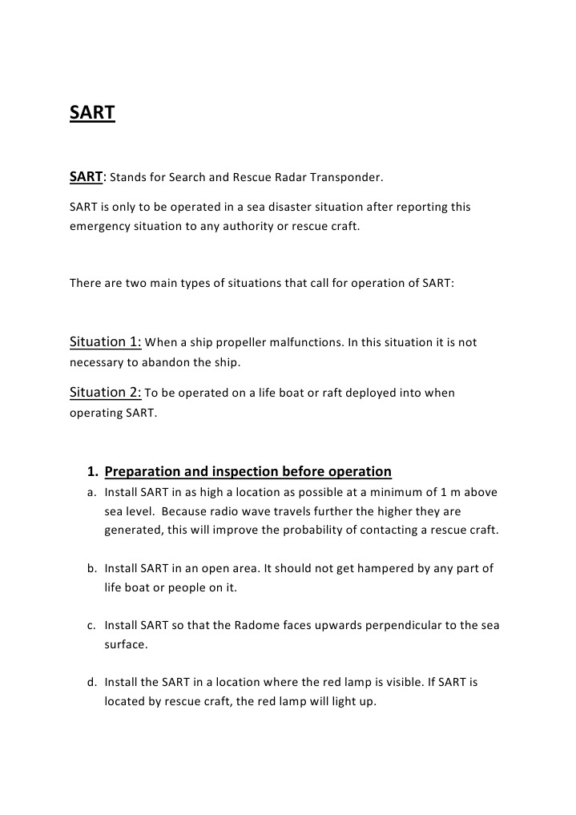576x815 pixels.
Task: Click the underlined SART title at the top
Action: (92, 113)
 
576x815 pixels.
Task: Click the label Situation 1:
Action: (106, 342)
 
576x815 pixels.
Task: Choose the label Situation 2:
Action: (106, 393)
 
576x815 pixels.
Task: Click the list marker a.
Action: (91, 492)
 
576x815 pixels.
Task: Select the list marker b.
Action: (91, 568)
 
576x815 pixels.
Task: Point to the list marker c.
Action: (91, 625)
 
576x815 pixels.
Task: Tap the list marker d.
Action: (91, 682)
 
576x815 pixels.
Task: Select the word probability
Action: (308, 530)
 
